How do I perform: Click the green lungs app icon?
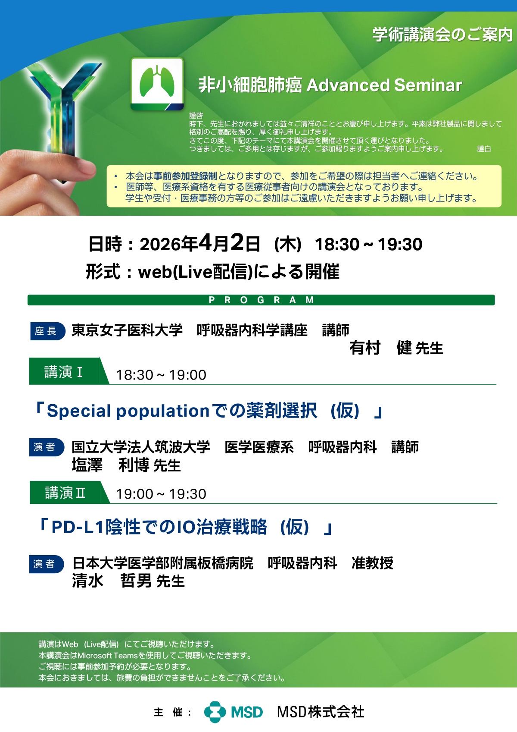tap(157, 84)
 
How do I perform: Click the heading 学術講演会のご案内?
tap(442, 35)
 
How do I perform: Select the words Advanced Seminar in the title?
tap(384, 85)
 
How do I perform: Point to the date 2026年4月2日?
tap(200, 243)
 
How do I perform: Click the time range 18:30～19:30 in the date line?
tap(368, 245)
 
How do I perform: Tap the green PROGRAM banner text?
tap(261, 300)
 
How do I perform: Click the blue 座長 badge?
tap(48, 331)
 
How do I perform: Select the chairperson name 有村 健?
tap(380, 348)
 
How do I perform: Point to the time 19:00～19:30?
tap(161, 494)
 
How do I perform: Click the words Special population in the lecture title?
tap(128, 411)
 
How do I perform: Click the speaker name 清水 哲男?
tap(112, 581)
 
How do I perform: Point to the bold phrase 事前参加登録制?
tap(185, 176)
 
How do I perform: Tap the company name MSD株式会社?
tap(321, 712)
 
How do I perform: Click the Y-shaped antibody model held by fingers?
tap(64, 108)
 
